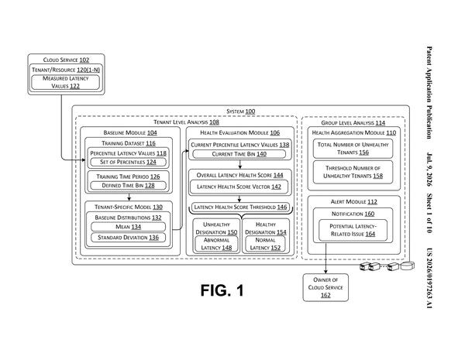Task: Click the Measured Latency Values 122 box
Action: [x=66, y=82]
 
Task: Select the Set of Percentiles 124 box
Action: [x=128, y=162]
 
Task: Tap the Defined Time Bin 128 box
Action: [x=128, y=186]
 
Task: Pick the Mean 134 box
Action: [x=128, y=227]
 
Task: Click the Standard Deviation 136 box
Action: [x=128, y=238]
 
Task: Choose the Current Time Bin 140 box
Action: [x=239, y=154]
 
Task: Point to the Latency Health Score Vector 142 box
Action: [x=239, y=187]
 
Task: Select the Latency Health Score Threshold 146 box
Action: [x=240, y=207]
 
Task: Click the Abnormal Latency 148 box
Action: [x=216, y=244]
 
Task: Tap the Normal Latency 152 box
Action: [x=265, y=244]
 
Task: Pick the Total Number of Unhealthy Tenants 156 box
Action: [x=353, y=149]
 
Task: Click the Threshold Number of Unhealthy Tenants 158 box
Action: [x=353, y=172]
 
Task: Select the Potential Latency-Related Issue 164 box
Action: [x=353, y=230]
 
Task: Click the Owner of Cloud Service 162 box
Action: [x=325, y=287]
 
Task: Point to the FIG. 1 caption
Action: [x=222, y=290]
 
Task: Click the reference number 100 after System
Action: [x=250, y=111]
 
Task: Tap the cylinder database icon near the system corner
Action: [x=408, y=266]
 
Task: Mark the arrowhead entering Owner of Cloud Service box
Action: [x=325, y=272]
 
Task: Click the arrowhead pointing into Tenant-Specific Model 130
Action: [x=129, y=199]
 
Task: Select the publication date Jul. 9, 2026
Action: [x=429, y=170]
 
